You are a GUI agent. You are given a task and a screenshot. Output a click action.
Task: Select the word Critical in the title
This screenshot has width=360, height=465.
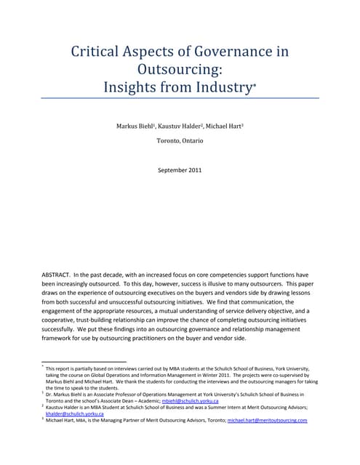tap(97, 52)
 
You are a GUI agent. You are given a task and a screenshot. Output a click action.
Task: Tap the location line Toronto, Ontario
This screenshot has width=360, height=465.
tap(180, 140)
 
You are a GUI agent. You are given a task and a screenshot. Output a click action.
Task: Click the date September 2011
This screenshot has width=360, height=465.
tap(180, 170)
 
